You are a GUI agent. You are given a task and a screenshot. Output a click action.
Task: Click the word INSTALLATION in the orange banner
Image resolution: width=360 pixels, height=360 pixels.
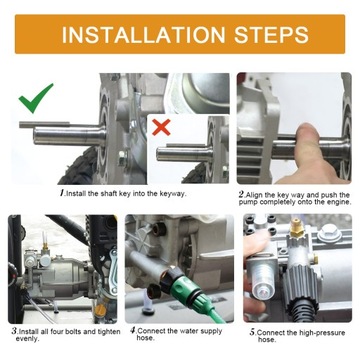[x=144, y=34]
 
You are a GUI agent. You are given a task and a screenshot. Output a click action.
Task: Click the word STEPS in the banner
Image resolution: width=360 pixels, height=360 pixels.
[x=271, y=34]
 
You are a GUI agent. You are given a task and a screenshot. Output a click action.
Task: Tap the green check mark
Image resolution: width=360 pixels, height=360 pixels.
[x=35, y=98]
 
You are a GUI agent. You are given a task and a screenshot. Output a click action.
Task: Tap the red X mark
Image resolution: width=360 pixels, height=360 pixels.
[x=161, y=127]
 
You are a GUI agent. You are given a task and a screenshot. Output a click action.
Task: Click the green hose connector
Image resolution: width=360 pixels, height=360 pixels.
[x=181, y=288]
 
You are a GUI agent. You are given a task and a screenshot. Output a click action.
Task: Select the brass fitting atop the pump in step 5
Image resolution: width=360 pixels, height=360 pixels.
[x=294, y=228]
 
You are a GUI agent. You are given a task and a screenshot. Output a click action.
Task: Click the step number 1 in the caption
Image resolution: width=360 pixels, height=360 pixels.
[x=62, y=193]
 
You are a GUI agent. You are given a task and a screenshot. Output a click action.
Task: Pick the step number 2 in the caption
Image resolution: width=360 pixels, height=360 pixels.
[x=241, y=194]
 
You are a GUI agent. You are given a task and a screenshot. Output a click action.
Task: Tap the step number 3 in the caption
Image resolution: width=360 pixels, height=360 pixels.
[x=14, y=331]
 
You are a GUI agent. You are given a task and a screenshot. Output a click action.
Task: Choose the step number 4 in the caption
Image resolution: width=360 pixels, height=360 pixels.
[x=133, y=330]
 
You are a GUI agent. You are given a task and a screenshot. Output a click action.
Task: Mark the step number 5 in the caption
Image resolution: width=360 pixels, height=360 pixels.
[x=253, y=332]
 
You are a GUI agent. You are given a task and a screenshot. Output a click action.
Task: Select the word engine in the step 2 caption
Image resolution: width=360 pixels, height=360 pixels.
[x=338, y=202]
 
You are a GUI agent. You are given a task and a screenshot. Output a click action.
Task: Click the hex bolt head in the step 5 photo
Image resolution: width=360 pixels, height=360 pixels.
[x=329, y=233]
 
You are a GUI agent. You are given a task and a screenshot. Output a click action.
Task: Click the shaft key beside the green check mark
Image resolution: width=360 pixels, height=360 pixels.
[x=44, y=125]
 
